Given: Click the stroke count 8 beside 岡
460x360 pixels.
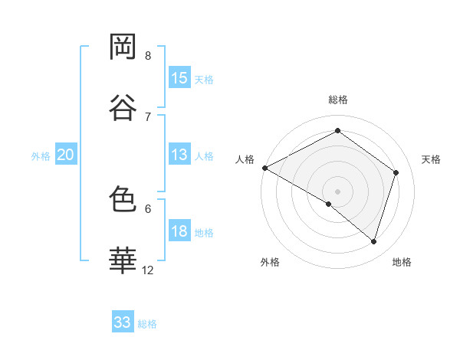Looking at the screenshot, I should pos(148,55).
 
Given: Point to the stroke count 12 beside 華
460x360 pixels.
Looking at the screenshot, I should pos(148,270).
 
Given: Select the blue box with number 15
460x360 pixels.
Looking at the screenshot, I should pos(179,78).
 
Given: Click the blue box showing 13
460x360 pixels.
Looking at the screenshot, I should pos(179,155).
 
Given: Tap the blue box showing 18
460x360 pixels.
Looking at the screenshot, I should pos(179,231).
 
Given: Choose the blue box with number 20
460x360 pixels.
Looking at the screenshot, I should pos(66,155).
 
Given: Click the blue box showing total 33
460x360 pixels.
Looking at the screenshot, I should pos(123,322).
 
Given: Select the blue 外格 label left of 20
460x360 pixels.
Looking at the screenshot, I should pos(41,155).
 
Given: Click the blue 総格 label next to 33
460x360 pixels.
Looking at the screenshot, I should pos(147,323).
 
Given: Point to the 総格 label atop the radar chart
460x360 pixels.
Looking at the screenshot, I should pos(337,100).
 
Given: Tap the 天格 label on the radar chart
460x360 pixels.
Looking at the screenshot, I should pos(432,159).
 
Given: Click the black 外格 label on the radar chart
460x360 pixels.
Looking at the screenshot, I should pos(270,262).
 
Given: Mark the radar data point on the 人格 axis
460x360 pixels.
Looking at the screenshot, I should pos(264,168).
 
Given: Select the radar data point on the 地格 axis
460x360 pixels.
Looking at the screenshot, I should pos(374,241).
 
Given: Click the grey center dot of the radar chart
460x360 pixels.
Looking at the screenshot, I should pos(337,191).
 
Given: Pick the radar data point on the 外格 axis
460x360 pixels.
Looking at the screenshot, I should pos(329,204).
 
